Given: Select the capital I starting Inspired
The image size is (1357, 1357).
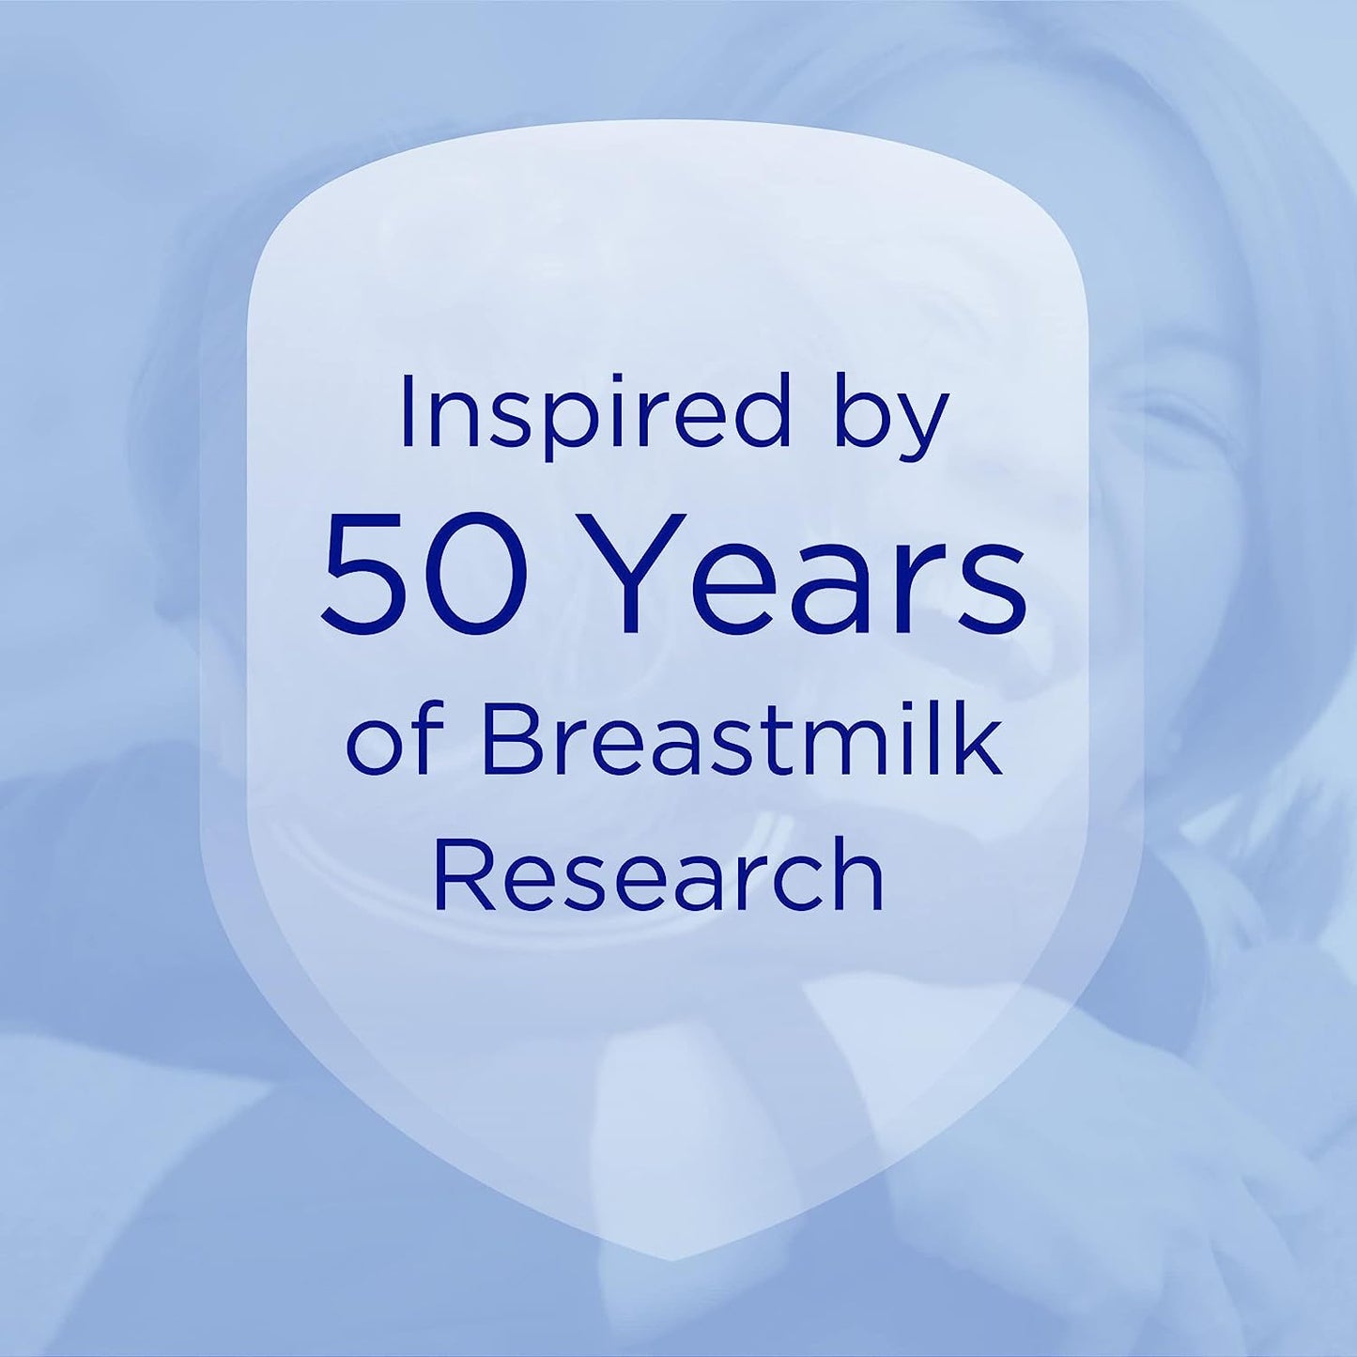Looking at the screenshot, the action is pos(407,409).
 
